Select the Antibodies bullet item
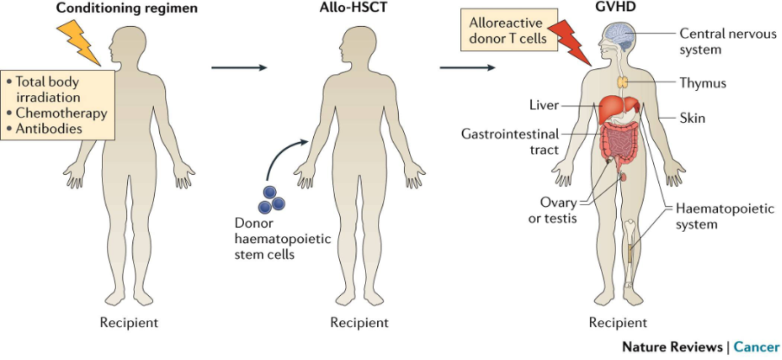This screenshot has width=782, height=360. click(51, 128)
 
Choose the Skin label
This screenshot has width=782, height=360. click(693, 117)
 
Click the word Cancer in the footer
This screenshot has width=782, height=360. click(754, 346)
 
